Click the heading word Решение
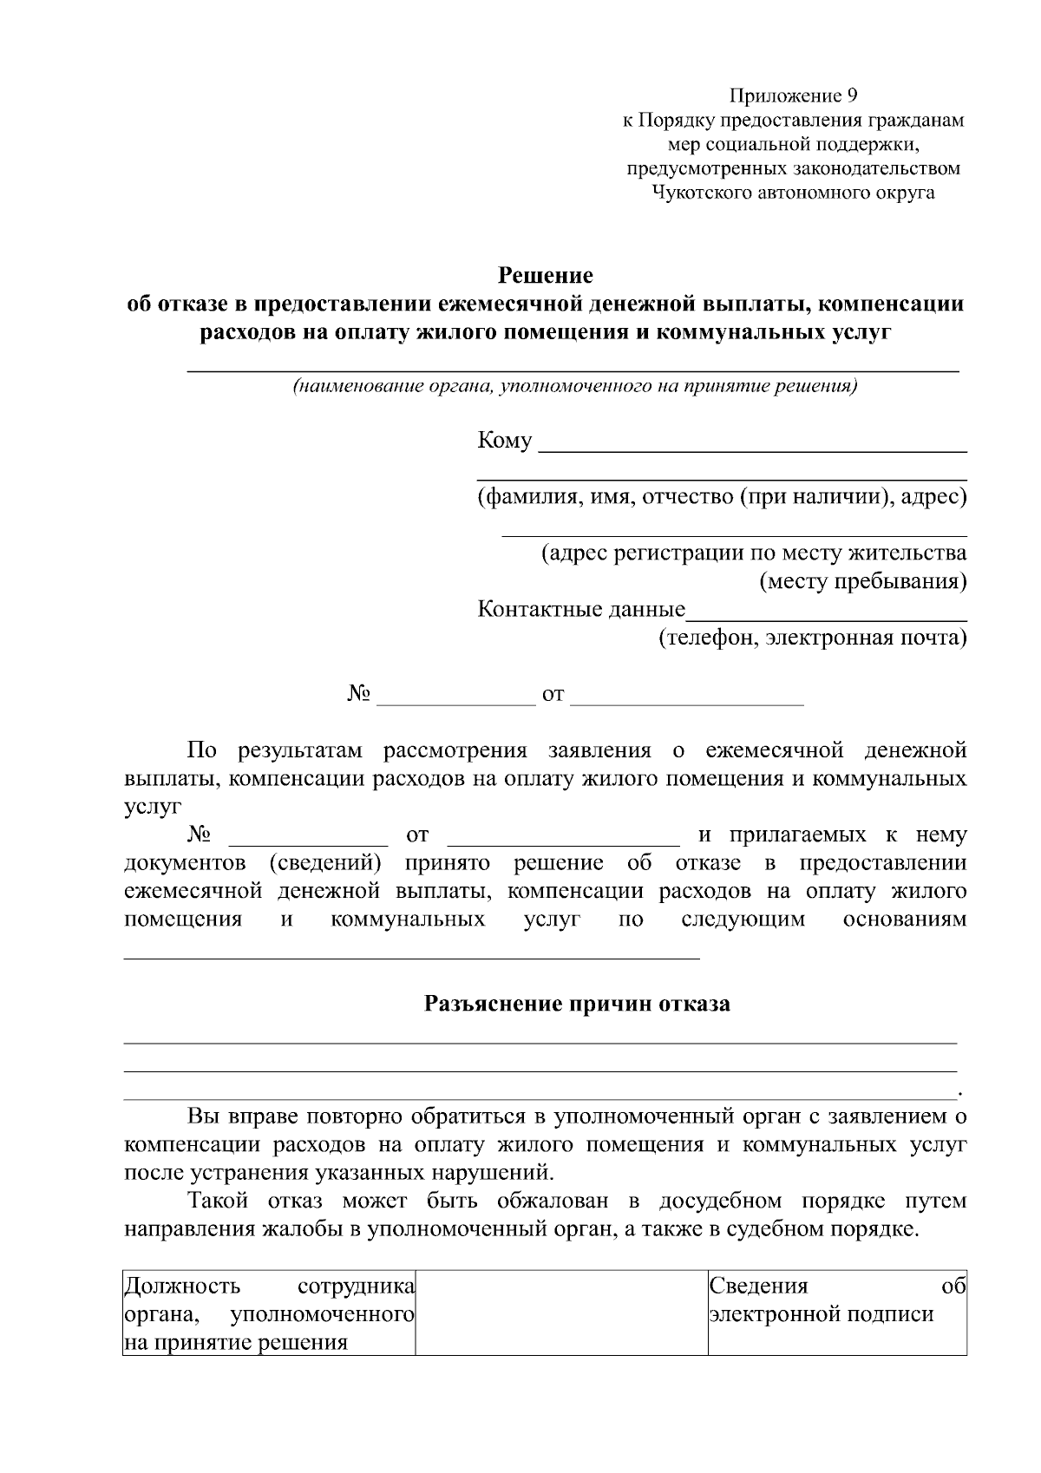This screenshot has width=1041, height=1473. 545,276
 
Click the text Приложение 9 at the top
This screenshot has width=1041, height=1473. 793,95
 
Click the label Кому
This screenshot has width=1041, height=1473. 505,441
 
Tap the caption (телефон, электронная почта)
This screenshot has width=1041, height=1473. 812,638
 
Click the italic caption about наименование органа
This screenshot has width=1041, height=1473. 574,386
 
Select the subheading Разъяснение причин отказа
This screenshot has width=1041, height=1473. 577,1005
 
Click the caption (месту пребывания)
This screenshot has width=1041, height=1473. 863,581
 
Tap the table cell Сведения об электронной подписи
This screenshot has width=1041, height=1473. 837,1312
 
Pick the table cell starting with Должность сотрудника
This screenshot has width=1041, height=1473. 269,1313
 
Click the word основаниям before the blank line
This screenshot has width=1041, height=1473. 905,920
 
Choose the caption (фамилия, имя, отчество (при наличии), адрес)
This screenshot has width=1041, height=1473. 722,497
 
